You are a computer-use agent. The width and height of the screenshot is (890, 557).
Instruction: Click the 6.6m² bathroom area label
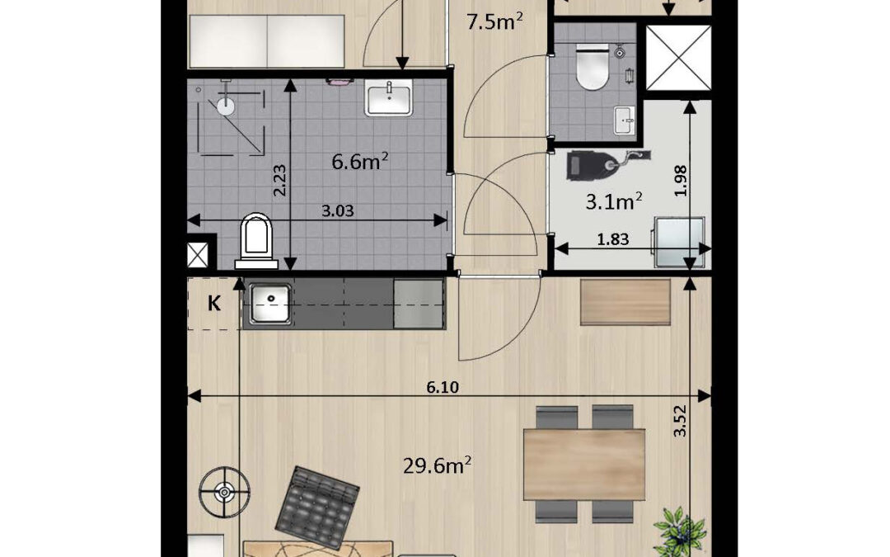click(360, 162)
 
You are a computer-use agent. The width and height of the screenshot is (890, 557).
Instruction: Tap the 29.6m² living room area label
click(437, 466)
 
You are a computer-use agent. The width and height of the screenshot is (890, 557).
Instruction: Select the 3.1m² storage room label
click(614, 201)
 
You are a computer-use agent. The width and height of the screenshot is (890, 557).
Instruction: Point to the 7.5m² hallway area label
click(494, 22)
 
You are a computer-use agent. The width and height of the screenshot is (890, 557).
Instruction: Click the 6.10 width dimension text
click(443, 388)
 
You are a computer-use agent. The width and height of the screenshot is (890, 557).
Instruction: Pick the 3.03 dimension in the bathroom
click(338, 211)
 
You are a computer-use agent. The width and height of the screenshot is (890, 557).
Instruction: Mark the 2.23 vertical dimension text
click(279, 181)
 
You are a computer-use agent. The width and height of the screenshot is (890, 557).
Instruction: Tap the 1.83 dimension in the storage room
click(613, 239)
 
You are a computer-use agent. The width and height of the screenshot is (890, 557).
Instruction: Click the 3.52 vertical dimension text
click(679, 421)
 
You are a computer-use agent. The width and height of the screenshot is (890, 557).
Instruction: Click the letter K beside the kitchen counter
click(214, 304)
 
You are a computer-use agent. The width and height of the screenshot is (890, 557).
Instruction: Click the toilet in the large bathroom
click(256, 241)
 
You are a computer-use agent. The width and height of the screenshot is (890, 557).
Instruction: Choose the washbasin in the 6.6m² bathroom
click(388, 97)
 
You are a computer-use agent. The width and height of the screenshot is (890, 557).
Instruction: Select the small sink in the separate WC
click(625, 120)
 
